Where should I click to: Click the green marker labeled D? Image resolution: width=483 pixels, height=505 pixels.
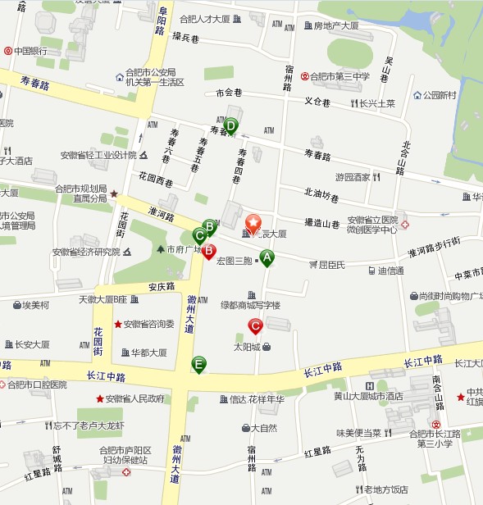tap(230, 126)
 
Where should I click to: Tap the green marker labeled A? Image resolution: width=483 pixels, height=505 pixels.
tap(267, 258)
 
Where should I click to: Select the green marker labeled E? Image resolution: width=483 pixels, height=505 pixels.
tap(198, 364)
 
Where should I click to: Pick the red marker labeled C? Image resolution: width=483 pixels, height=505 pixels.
tap(255, 326)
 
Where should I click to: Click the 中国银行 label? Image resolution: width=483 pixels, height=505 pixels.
tap(33, 51)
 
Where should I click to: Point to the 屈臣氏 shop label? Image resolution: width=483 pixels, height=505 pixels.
tap(332, 265)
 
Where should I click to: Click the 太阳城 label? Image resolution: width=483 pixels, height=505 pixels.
tap(246, 347)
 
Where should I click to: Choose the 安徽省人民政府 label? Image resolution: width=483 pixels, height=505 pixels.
tap(134, 399)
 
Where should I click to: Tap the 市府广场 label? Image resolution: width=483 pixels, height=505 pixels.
tap(185, 249)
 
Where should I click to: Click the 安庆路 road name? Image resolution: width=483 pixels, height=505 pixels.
tap(162, 287)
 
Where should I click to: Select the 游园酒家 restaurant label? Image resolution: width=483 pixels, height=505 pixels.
tap(353, 177)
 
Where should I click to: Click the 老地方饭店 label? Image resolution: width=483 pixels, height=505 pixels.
tap(385, 489)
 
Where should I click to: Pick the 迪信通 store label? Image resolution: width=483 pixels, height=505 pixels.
tap(390, 271)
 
